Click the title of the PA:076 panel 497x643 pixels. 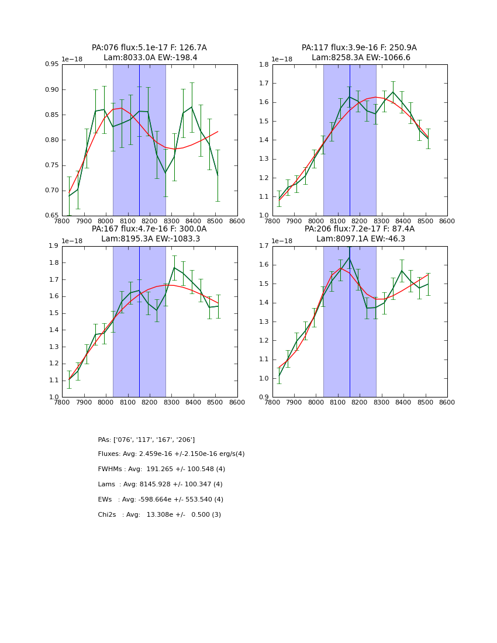[149, 48]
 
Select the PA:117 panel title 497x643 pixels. [359, 48]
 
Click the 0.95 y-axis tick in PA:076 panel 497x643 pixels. [52, 64]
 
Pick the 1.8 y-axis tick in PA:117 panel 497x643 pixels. [264, 64]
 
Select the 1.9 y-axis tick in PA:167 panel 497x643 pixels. [53, 246]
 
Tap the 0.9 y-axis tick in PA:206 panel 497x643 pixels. [264, 397]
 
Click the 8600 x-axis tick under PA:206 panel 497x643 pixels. [447, 403]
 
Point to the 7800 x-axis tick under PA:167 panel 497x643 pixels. [62, 403]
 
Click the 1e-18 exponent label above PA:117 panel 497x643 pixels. [282, 59]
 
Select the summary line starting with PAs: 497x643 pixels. [146, 440]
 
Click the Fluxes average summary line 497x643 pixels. [171, 454]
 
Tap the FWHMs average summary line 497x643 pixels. [161, 469]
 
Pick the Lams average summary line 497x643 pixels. [160, 485]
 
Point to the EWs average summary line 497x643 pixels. [161, 500]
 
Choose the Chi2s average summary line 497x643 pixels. [159, 515]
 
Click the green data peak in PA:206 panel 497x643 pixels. [350, 257]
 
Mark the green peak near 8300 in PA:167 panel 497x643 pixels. [174, 268]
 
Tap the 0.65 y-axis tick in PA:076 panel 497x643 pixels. [52, 215]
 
